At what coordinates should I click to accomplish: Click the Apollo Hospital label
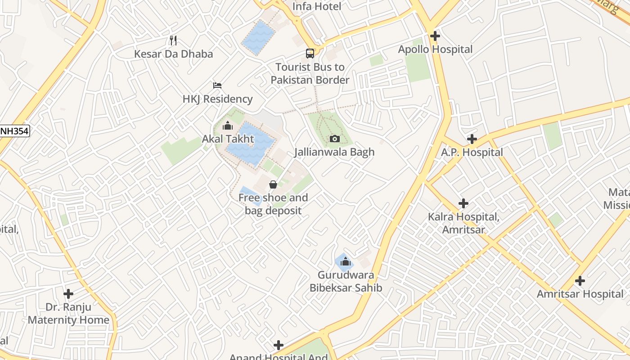435,49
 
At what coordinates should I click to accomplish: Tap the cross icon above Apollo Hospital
435,36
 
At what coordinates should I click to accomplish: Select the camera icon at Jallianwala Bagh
334,139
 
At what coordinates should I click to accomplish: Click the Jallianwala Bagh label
334,152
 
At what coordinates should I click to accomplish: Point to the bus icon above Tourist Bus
310,54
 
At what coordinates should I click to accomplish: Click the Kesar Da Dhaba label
173,54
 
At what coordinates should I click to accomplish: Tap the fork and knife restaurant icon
173,40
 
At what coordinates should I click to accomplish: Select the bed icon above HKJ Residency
217,85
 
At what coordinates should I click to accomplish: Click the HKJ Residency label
217,99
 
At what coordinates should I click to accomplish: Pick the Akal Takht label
228,139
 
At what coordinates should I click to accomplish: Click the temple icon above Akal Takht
228,126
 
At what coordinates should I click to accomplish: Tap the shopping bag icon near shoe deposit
273,184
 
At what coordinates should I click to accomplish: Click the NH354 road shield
14,131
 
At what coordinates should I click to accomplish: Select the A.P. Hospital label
472,153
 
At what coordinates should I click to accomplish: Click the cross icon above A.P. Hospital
472,139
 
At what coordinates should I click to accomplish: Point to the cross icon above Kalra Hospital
463,203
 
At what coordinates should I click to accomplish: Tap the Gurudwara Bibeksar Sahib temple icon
345,261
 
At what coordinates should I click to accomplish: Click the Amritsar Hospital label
580,294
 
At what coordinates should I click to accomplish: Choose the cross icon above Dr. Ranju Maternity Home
68,294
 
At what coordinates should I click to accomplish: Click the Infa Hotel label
317,6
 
